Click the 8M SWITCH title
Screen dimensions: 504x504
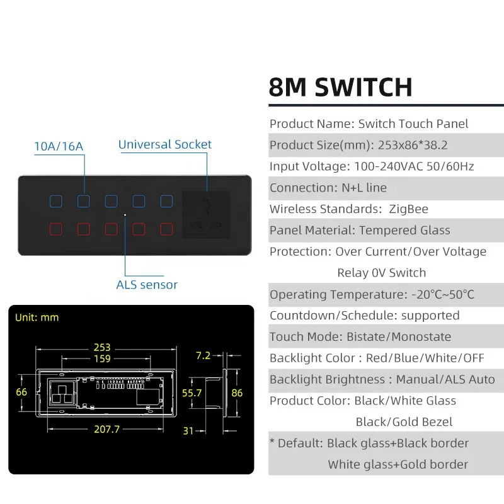click(340, 87)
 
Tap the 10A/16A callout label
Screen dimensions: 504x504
click(59, 146)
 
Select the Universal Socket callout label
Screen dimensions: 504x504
click(165, 144)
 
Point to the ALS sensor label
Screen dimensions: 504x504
click(147, 285)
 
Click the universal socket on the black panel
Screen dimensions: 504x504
click(206, 214)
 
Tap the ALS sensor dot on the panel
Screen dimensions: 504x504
click(125, 215)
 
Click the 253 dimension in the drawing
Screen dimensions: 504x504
click(102, 347)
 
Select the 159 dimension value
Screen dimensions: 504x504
click(102, 358)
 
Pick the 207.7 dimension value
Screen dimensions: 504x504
click(106, 429)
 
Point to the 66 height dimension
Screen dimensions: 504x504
click(21, 392)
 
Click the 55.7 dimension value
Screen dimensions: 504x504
click(192, 392)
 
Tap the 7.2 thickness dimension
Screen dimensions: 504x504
click(203, 355)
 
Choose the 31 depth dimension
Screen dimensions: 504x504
click(188, 431)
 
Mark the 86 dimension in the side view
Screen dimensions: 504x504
click(237, 392)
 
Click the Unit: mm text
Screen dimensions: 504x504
click(37, 318)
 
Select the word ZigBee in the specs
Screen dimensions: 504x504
click(408, 209)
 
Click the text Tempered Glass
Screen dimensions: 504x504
click(404, 230)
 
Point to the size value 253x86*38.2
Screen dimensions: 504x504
click(413, 145)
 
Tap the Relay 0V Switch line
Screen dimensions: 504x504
click(382, 273)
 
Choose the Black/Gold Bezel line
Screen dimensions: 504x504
click(404, 421)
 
